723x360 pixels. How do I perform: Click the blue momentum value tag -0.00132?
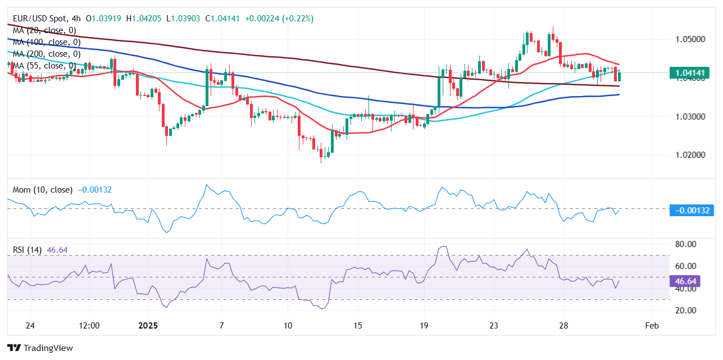pyautogui.click(x=690, y=211)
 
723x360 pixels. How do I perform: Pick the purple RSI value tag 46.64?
pyautogui.click(x=685, y=281)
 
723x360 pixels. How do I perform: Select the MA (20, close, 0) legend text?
pyautogui.click(x=44, y=30)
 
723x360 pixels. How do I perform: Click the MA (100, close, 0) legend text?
pyautogui.click(x=47, y=42)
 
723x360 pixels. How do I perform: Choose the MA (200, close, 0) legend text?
pyautogui.click(x=47, y=54)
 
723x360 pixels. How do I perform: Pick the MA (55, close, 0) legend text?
pyautogui.click(x=44, y=66)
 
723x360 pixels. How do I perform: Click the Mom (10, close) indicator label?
pyautogui.click(x=43, y=190)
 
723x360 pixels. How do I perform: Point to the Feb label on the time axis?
pyautogui.click(x=652, y=326)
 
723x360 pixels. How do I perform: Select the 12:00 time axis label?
pyautogui.click(x=89, y=326)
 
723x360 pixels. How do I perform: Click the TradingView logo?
pyautogui.click(x=40, y=348)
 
